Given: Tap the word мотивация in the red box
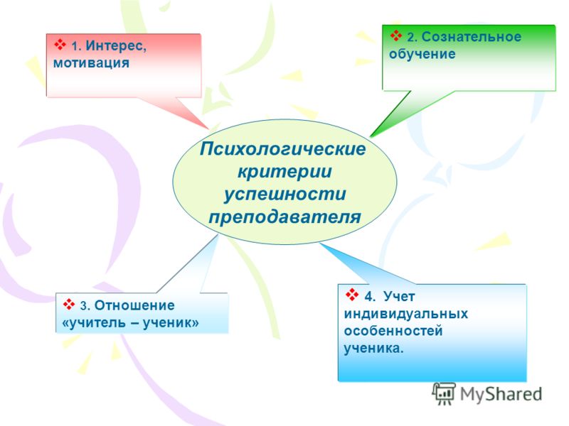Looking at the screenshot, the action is click(x=91, y=63).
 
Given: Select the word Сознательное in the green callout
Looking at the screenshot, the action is click(x=472, y=37).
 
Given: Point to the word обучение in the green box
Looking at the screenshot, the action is click(x=422, y=54).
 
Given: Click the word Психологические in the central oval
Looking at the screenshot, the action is click(x=282, y=149).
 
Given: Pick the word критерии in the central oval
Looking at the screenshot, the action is click(x=284, y=171).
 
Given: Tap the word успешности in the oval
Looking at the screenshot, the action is click(x=284, y=194).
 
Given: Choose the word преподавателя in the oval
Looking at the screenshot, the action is click(x=284, y=217).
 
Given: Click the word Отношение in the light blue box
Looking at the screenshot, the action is click(x=134, y=305).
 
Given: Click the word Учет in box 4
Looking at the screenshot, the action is click(x=399, y=296).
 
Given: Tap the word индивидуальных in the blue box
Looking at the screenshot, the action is click(x=405, y=314).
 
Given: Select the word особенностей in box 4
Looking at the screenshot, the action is click(x=393, y=331).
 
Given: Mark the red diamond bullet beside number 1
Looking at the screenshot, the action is click(x=60, y=45).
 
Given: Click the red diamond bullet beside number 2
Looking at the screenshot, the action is click(x=396, y=35).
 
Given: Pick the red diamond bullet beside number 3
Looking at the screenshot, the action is click(x=68, y=305).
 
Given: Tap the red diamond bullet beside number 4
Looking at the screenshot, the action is click(x=352, y=295).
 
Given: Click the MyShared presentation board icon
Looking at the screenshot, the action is click(x=444, y=393).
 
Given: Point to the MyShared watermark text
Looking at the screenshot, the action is click(x=501, y=394).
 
